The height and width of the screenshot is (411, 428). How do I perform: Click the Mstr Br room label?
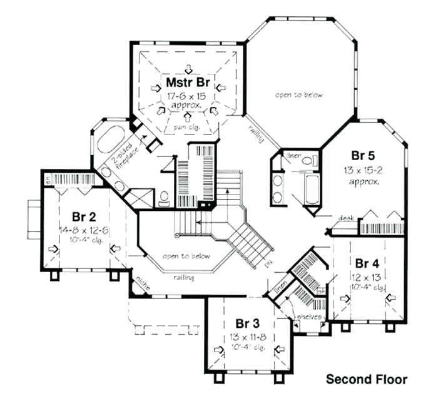(x=188, y=82)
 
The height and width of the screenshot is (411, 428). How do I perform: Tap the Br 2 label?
(x=83, y=217)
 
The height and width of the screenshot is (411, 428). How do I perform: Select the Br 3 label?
(x=247, y=323)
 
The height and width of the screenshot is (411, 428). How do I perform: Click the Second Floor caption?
(x=367, y=379)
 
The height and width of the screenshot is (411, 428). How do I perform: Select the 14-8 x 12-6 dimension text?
(x=83, y=230)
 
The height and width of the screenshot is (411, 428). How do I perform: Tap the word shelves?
(x=310, y=317)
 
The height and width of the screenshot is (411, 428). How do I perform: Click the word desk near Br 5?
(x=346, y=218)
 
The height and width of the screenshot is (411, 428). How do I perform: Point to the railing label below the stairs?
(x=183, y=277)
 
